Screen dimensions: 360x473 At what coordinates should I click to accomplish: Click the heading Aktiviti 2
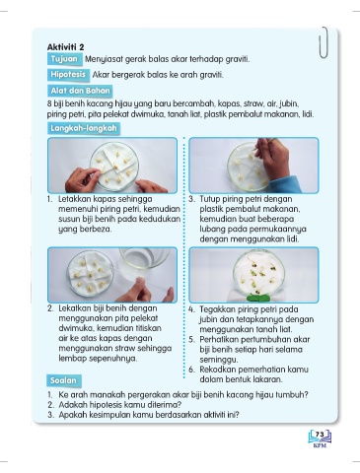(65, 47)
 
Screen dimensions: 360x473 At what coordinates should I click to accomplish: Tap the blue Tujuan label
(64, 59)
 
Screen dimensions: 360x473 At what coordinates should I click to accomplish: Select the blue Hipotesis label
(68, 75)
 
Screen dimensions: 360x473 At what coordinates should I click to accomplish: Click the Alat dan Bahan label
(80, 91)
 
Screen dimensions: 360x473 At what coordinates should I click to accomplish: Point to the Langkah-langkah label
(84, 128)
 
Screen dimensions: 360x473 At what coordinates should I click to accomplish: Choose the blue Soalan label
(63, 380)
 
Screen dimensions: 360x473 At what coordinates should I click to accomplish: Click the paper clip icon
(324, 42)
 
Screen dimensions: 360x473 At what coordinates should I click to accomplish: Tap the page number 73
(320, 435)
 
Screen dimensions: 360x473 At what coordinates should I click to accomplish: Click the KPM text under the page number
(320, 445)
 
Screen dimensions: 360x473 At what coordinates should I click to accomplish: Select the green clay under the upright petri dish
(258, 298)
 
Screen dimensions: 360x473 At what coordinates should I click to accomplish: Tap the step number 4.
(191, 309)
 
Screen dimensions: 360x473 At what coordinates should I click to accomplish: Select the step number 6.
(191, 370)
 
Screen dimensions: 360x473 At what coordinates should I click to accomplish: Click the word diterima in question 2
(167, 404)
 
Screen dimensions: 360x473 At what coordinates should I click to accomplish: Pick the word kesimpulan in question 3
(109, 415)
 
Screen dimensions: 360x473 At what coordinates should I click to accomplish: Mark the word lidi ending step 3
(292, 238)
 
